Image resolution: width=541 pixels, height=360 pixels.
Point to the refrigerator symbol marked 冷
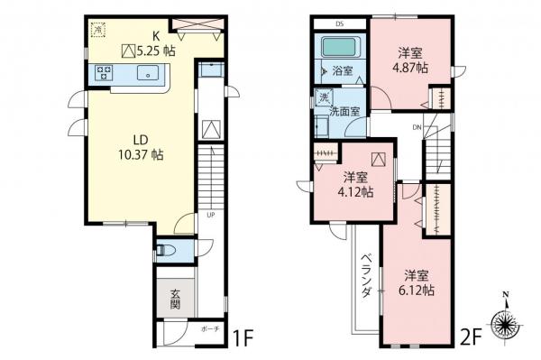click(97, 30)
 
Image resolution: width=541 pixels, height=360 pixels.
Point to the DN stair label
click(417, 127)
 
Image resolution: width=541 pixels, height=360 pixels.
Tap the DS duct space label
click(341, 23)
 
